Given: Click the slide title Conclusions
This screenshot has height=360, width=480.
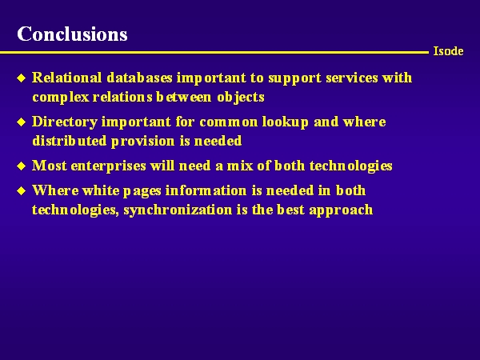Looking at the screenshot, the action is point(72,34).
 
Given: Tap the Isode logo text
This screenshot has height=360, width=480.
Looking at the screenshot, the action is point(448,51).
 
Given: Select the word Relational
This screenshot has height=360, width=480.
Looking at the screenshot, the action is point(66,78).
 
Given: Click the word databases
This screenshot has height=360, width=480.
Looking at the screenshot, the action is point(139,78).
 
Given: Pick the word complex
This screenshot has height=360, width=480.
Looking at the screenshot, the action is point(61,98).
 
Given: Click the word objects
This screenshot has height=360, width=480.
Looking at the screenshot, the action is point(241,98).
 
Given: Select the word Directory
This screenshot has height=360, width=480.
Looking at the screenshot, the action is point(65,122).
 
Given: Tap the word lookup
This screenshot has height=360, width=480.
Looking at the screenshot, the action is point(285,122).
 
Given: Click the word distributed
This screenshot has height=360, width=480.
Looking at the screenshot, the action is point(70,141).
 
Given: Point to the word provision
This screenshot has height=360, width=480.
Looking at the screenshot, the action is point(143,142).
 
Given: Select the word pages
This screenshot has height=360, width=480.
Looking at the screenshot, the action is point(142,191).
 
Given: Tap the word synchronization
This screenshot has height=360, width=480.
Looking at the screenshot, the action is point(178,210).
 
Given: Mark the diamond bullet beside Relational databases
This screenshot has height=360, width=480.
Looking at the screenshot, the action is point(22,78).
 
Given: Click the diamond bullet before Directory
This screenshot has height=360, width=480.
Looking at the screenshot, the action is point(22,122).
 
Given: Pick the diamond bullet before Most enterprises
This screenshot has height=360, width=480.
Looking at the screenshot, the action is point(22,166).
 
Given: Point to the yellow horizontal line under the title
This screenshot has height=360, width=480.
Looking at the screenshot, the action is point(214,53).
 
